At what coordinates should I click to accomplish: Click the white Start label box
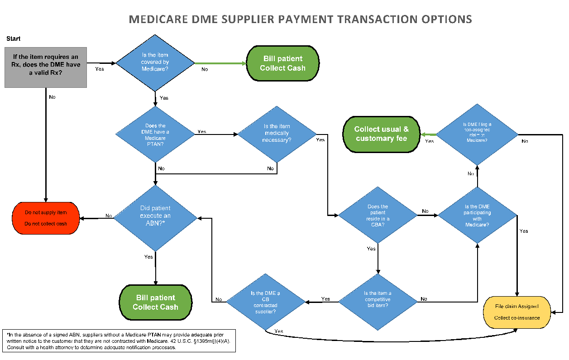(x=14, y=39)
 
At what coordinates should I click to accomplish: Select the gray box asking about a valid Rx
(x=46, y=67)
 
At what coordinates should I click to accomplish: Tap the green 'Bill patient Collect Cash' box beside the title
(x=283, y=63)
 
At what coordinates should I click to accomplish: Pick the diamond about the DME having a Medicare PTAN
(x=155, y=134)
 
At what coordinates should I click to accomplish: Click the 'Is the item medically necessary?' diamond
(x=277, y=133)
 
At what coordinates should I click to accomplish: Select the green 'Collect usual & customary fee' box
(x=382, y=134)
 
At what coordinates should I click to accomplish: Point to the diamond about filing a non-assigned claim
(x=477, y=134)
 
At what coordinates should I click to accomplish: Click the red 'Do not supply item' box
(x=46, y=218)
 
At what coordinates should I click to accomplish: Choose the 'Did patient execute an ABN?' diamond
(x=155, y=216)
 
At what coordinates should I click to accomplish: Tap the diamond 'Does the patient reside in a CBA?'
(x=378, y=216)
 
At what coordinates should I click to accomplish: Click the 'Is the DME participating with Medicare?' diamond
(x=477, y=216)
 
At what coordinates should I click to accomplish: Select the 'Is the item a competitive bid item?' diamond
(x=378, y=299)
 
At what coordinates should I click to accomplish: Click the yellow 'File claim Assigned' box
(x=517, y=312)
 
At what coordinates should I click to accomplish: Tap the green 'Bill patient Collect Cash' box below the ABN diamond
(x=155, y=302)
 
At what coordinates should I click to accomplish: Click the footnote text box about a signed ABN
(x=119, y=341)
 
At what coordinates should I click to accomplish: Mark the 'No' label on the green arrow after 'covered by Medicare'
(x=205, y=69)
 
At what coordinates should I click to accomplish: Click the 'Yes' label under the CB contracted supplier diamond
(x=279, y=331)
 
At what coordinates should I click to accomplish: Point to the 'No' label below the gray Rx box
(x=53, y=96)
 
